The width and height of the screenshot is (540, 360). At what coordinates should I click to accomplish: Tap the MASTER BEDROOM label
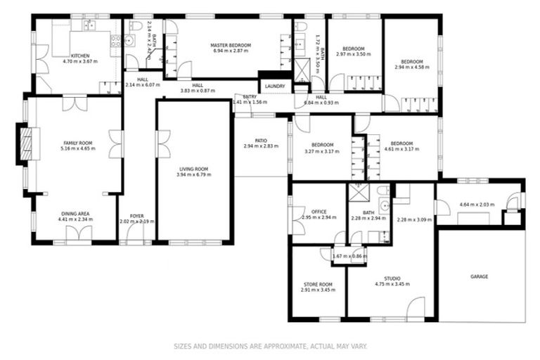[x=231, y=45]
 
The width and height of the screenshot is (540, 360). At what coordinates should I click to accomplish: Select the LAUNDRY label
[x=274, y=86]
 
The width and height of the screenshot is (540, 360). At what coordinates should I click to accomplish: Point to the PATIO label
[x=261, y=141]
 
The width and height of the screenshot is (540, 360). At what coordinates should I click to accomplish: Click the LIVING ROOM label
[x=193, y=169]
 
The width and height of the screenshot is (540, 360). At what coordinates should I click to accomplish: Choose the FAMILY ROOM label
[x=77, y=143]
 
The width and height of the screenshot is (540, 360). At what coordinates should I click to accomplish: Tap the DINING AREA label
[x=77, y=214]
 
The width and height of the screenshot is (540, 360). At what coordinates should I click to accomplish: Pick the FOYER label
[x=137, y=216]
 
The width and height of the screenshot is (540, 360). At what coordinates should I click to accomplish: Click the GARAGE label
[x=479, y=276]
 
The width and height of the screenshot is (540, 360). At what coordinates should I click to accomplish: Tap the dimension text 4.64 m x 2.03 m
[x=477, y=205]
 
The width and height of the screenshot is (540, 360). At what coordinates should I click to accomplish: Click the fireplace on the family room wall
[x=25, y=144]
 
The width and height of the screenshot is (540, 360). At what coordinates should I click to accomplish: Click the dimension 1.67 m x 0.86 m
[x=349, y=256]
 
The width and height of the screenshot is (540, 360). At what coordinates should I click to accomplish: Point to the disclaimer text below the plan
[x=270, y=346]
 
